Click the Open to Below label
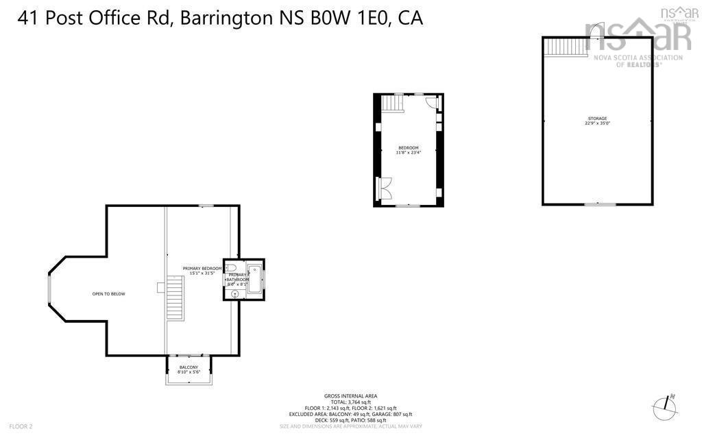[x=109, y=294]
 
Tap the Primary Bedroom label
[x=202, y=268]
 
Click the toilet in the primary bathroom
[x=231, y=268]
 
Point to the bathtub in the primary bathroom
[x=255, y=279]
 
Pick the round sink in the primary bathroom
[x=235, y=293]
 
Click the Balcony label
[x=189, y=367]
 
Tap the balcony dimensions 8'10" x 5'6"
[x=189, y=372]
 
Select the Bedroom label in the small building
[x=408, y=148]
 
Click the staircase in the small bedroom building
[x=391, y=104]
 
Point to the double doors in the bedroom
[x=385, y=188]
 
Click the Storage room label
[x=596, y=119]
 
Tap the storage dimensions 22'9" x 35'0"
[x=596, y=124]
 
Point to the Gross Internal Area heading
[x=350, y=396]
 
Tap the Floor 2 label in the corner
[x=21, y=426]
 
